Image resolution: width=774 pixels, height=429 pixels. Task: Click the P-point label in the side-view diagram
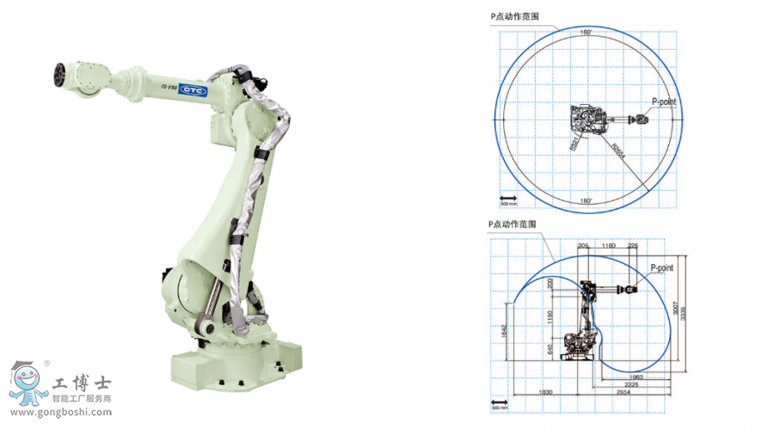[661, 267]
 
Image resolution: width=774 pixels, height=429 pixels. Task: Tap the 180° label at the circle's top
[586, 33]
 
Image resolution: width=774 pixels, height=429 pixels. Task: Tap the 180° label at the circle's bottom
[586, 201]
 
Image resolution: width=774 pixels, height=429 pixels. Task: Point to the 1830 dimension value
[545, 393]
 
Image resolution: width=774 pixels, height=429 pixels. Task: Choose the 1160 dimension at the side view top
[609, 246]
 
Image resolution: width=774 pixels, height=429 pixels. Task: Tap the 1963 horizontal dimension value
[636, 377]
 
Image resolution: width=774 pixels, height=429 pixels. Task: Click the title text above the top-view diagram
[513, 15]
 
